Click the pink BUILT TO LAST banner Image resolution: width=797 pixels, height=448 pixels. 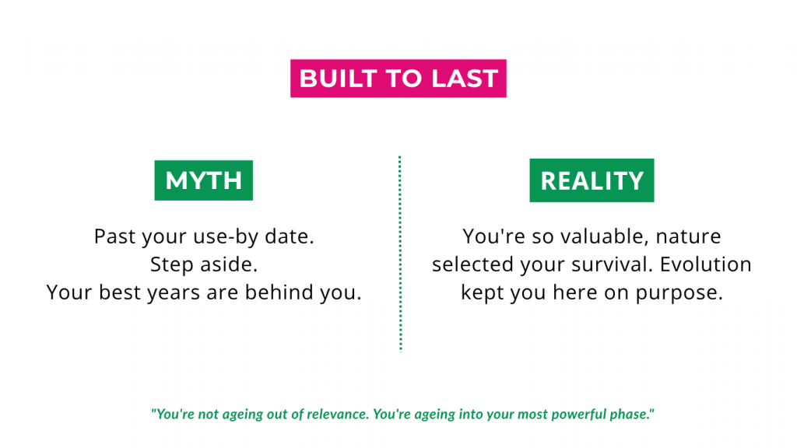pyautogui.click(x=398, y=79)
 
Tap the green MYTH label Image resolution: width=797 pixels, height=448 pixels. pyautogui.click(x=204, y=180)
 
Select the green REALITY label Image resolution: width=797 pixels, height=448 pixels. pyautogui.click(x=592, y=180)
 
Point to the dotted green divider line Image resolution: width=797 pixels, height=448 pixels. pyautogui.click(x=400, y=254)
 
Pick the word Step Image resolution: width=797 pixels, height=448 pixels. pyautogui.click(x=171, y=265)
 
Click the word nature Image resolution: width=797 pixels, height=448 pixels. pyautogui.click(x=688, y=237)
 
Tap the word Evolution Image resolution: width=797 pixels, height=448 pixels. pyautogui.click(x=705, y=264)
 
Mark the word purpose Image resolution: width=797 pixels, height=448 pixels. pyautogui.click(x=679, y=293)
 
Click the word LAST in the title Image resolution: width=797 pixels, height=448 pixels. pyautogui.click(x=465, y=79)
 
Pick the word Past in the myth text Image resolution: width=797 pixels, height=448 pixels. pyautogui.click(x=115, y=236)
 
